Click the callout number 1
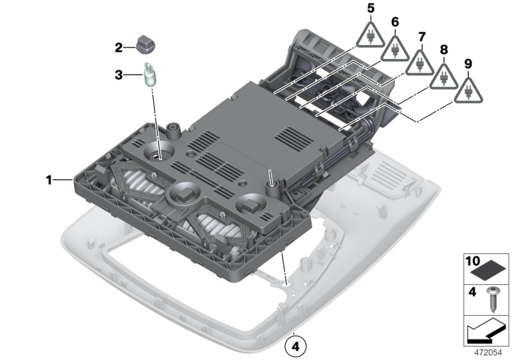(48, 181)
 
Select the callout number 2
(119, 47)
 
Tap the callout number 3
(119, 75)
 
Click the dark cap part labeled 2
(146, 46)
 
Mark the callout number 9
(468, 64)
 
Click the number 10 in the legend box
(472, 262)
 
